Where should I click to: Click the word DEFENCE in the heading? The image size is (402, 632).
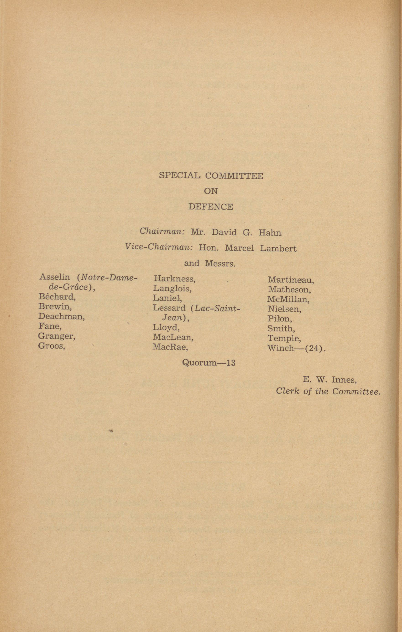[210, 207]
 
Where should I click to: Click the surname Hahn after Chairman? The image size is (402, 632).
[269, 233]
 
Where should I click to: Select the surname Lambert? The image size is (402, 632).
[278, 248]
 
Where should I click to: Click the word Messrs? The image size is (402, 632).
[220, 263]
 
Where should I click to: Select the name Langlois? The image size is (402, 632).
[172, 288]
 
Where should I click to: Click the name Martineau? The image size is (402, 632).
[291, 280]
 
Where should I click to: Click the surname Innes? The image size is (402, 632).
[344, 380]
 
